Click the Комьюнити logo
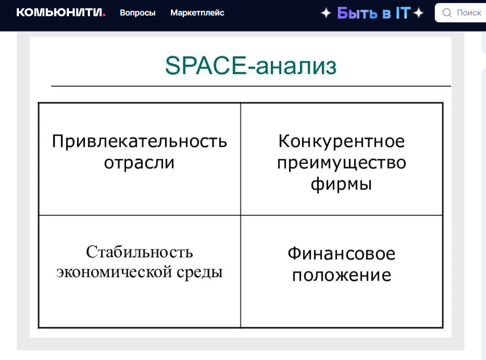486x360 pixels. point(61,12)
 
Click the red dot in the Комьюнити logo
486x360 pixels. point(104,15)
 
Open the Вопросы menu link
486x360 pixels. point(138,13)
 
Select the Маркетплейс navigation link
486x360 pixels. point(197,13)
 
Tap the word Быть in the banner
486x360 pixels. point(357,13)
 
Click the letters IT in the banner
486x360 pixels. point(403,13)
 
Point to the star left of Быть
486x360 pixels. point(326,13)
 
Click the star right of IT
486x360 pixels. point(418,13)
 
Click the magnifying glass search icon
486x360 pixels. point(447,13)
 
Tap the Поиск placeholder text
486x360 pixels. point(469,13)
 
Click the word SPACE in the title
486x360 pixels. point(206,65)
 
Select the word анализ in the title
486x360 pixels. point(296,66)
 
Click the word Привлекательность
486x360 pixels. point(139,141)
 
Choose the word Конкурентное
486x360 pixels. point(341,141)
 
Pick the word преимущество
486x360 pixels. point(341,163)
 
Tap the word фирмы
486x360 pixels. point(341,184)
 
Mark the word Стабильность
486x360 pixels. point(139,252)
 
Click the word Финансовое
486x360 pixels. point(341,254)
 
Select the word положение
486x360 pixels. point(341,275)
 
